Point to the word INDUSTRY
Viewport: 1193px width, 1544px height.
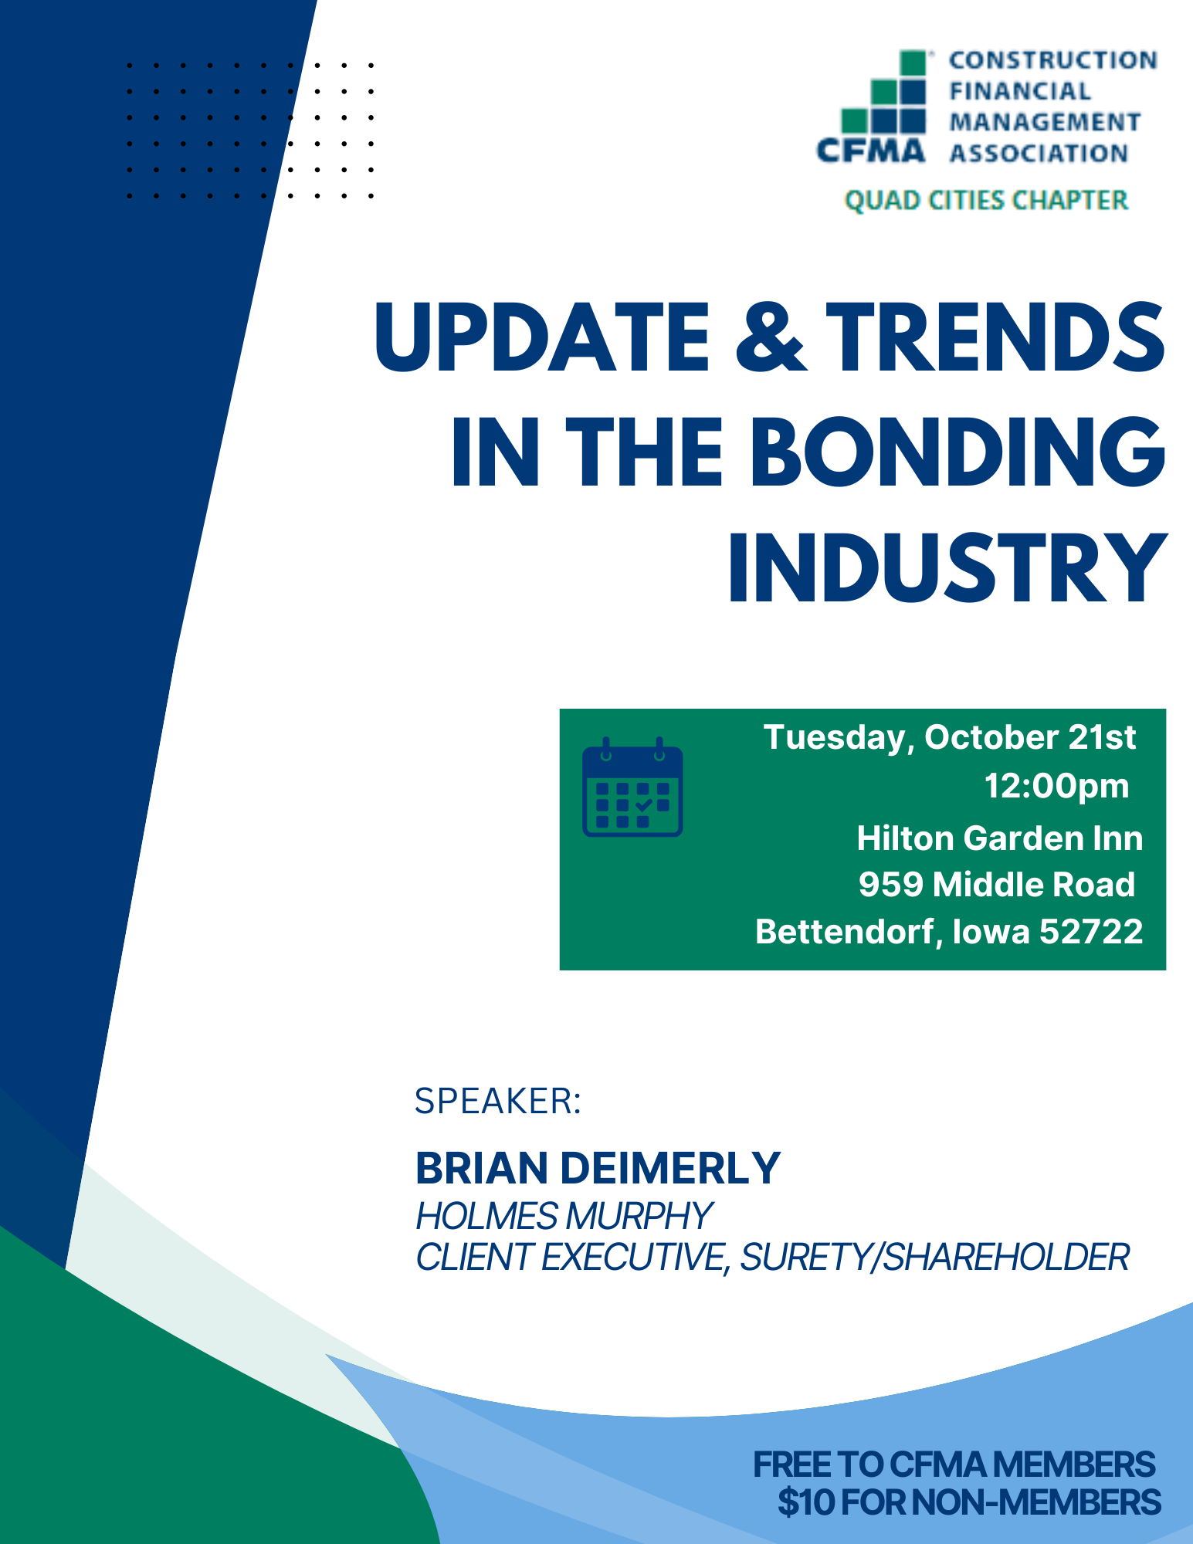pos(947,567)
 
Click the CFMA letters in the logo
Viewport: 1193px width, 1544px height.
pos(871,151)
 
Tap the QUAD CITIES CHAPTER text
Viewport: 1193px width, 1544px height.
pos(986,200)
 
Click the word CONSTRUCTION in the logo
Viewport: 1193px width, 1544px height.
pos(1053,60)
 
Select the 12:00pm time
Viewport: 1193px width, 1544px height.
pos(1056,786)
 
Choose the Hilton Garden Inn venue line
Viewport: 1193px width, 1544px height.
pos(1000,838)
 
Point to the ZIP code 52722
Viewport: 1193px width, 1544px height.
pos(1091,932)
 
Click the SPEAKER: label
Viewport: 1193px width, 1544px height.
pos(498,1101)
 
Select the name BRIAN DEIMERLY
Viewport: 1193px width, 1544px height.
pos(598,1167)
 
